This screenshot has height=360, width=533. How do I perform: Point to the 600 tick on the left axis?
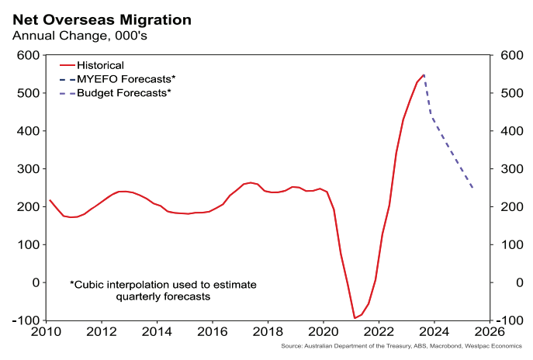29,56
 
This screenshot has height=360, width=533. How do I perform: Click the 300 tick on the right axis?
507,169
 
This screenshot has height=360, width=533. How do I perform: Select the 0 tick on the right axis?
501,282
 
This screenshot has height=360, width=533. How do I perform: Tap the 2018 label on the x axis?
268,333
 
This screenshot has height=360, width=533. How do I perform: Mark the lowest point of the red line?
355,318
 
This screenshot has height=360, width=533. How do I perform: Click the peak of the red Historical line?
424,75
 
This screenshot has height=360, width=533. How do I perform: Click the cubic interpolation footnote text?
162,290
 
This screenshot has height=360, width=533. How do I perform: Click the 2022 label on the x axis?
378,333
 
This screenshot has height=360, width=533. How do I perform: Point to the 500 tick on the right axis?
507,94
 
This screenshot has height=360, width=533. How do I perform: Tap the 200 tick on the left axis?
29,207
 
